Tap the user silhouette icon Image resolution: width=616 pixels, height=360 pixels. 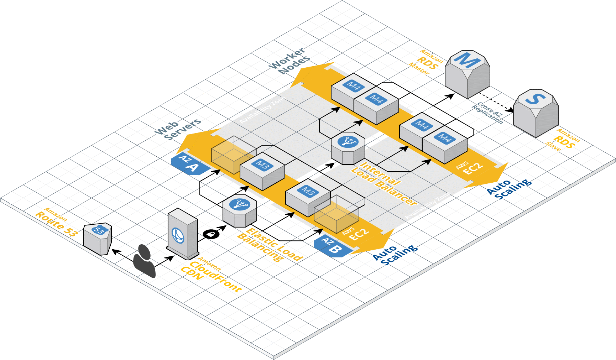tap(144, 261)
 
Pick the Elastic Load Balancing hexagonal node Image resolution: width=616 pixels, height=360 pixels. tap(240, 210)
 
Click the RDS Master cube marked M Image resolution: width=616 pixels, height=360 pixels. tap(467, 73)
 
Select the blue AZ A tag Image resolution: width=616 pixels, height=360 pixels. tap(189, 163)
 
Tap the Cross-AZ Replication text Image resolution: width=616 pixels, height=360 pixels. tap(488, 113)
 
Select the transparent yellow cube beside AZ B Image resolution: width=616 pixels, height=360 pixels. tap(336, 213)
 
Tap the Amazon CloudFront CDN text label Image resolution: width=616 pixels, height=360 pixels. tap(210, 276)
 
